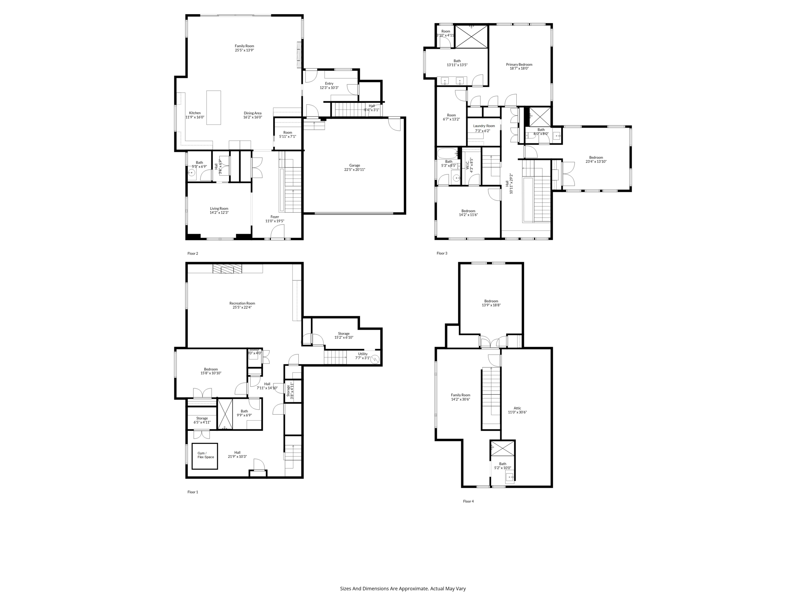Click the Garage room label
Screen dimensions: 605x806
click(354, 167)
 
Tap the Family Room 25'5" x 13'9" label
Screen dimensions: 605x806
click(244, 48)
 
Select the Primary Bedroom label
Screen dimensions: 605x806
click(519, 66)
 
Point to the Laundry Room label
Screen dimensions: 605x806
click(484, 126)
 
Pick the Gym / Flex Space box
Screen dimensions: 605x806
click(205, 456)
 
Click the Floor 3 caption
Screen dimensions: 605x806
click(442, 253)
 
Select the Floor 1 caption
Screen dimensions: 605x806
click(192, 492)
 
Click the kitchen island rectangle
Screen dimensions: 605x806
click(214, 108)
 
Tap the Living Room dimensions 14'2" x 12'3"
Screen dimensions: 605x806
click(219, 213)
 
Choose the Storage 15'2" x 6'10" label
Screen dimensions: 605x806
click(344, 335)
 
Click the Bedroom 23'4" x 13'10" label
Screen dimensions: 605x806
click(596, 160)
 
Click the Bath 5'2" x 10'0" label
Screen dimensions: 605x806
click(503, 466)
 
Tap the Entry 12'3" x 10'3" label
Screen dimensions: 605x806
click(329, 85)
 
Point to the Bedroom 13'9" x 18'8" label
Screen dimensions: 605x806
click(491, 303)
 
